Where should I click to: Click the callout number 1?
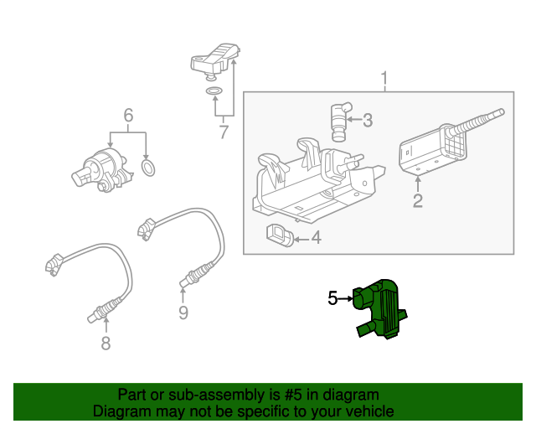384,80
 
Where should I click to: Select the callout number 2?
417,200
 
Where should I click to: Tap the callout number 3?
367,120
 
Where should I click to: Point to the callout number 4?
315,239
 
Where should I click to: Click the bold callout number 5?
332,297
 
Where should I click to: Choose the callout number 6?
128,115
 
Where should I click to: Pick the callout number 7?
224,132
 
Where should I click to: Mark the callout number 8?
105,343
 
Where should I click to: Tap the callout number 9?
183,313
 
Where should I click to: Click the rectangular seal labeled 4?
280,236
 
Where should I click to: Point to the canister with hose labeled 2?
431,151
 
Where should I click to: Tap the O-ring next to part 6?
148,170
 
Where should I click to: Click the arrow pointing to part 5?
346,297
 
